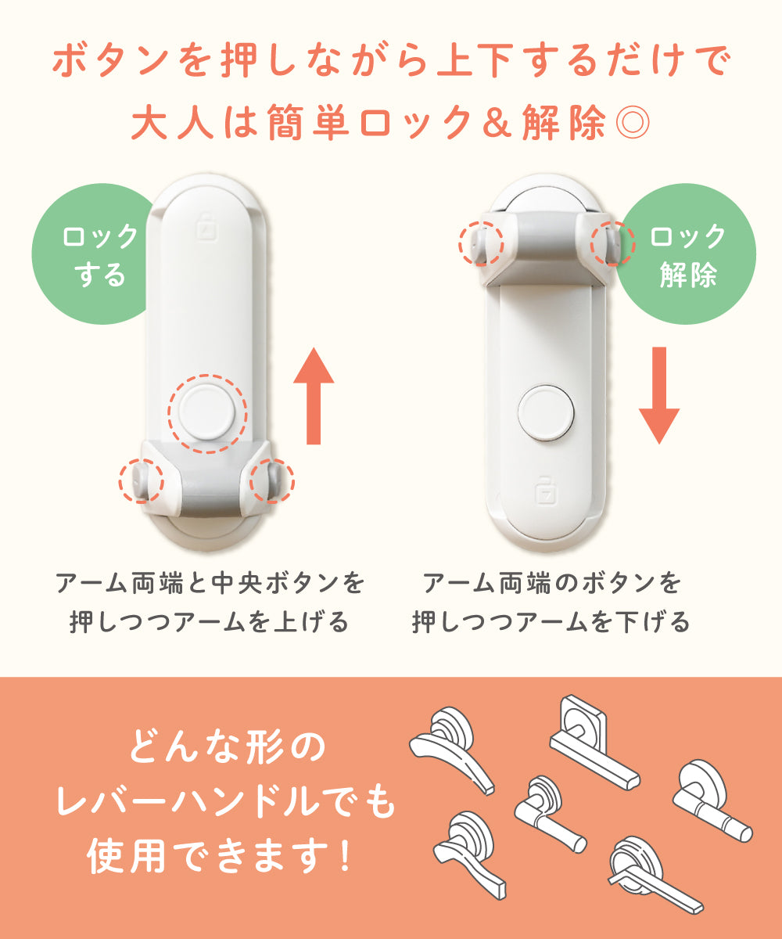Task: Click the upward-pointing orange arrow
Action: [314, 396]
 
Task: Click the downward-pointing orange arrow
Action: [659, 396]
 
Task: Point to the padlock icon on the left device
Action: [206, 227]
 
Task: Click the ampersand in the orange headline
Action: [497, 122]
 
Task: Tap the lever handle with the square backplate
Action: [594, 742]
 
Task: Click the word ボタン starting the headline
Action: [111, 59]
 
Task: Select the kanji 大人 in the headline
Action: [173, 121]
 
